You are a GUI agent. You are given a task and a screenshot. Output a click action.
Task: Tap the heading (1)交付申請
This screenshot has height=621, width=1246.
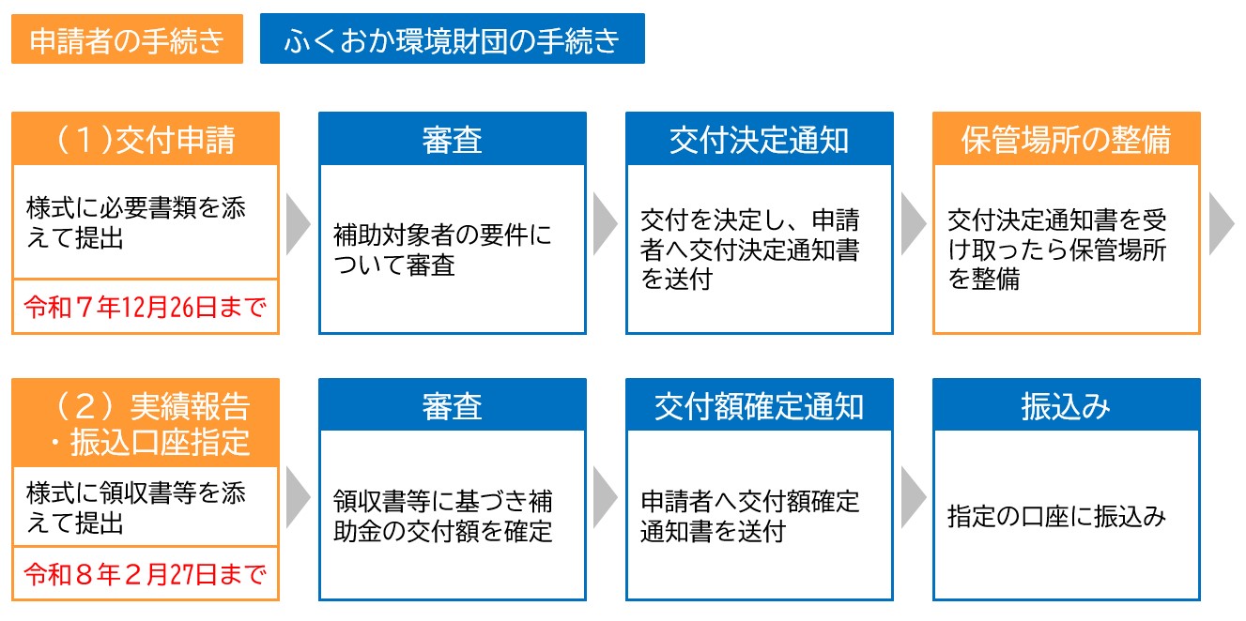(x=146, y=140)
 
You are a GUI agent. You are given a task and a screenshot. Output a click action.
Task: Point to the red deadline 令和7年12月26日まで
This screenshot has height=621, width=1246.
(x=146, y=307)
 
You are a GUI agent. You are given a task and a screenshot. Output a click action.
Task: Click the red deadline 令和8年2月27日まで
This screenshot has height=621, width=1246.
(x=146, y=574)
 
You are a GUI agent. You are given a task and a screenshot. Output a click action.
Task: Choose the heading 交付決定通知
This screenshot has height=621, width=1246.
(x=760, y=140)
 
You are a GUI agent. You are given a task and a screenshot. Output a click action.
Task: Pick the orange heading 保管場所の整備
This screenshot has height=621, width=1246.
(x=1067, y=140)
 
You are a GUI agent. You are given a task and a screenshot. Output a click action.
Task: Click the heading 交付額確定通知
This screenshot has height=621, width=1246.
(x=760, y=406)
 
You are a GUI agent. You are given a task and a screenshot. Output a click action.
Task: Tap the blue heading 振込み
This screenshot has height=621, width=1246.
(x=1067, y=406)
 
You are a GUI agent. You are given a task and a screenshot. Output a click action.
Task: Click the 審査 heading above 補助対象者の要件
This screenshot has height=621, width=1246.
(x=453, y=140)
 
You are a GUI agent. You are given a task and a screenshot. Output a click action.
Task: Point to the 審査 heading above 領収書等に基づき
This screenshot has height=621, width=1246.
(x=453, y=406)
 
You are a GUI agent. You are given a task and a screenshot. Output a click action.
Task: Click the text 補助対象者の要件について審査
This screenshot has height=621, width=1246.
(x=443, y=250)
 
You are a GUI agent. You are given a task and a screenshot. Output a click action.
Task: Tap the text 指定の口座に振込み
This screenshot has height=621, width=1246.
(x=1057, y=516)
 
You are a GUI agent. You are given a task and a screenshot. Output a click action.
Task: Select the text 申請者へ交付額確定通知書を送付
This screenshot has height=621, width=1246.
(x=750, y=516)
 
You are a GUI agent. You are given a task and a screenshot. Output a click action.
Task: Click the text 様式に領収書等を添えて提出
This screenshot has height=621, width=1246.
(x=136, y=507)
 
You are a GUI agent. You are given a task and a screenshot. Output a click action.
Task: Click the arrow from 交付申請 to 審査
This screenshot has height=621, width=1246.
(x=299, y=224)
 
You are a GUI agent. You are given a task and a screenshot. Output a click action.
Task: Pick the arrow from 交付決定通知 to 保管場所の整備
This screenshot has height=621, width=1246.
(x=914, y=224)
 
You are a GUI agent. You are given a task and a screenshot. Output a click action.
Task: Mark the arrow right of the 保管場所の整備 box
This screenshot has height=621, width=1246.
(x=1223, y=224)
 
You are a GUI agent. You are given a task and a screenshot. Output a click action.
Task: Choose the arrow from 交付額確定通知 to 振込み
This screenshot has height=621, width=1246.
(x=914, y=497)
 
